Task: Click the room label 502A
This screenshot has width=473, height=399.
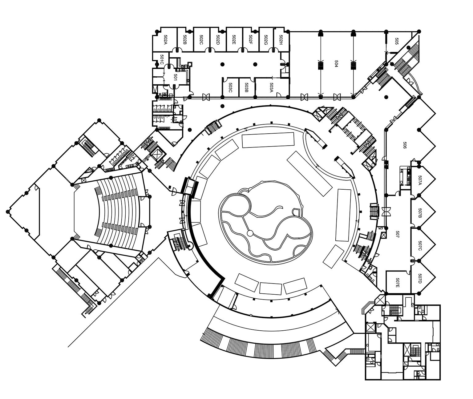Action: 165,39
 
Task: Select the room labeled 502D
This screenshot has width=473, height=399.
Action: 218,39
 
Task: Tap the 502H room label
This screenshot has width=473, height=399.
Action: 281,39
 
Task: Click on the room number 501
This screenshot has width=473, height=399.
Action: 176,77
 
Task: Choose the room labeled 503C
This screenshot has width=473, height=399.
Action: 230,87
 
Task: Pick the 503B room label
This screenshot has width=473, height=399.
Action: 246,87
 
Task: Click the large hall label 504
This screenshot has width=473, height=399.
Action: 336,64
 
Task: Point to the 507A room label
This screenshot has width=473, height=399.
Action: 420,180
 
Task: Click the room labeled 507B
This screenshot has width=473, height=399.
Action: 420,213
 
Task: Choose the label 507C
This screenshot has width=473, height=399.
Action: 420,245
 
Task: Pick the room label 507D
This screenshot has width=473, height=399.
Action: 420,279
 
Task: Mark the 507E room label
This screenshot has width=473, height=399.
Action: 398,282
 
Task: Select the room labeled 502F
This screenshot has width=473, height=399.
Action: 251,39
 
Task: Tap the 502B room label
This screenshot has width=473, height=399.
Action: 185,39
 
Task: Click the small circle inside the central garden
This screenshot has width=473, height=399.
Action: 250,233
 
